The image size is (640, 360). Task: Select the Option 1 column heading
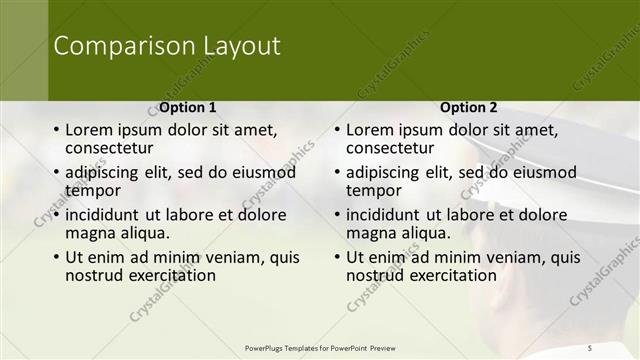coord(187,107)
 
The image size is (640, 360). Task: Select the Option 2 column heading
coord(468,107)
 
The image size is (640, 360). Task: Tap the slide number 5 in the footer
coord(590,347)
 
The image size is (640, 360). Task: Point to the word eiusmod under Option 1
coord(262,172)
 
